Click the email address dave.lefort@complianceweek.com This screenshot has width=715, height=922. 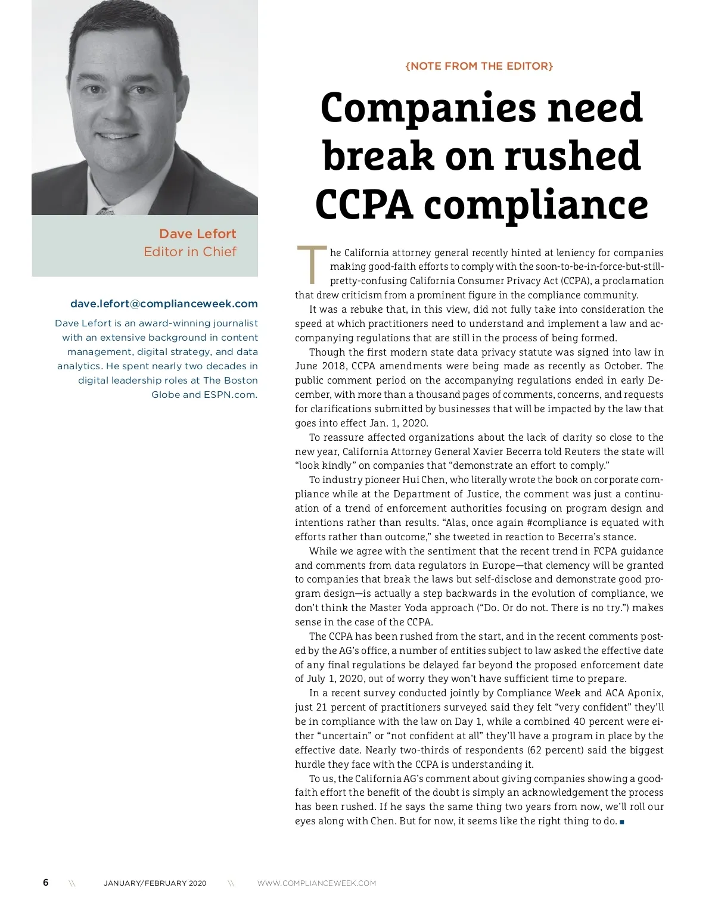click(164, 304)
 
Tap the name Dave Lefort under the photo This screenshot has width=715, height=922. click(197, 233)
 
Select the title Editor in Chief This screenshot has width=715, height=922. click(189, 252)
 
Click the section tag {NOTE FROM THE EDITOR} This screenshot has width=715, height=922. click(479, 66)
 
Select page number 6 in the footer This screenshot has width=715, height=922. click(46, 882)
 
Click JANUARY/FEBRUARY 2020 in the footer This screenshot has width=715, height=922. click(155, 883)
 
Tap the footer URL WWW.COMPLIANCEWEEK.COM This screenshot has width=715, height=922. click(316, 883)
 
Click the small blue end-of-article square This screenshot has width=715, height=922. click(622, 822)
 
